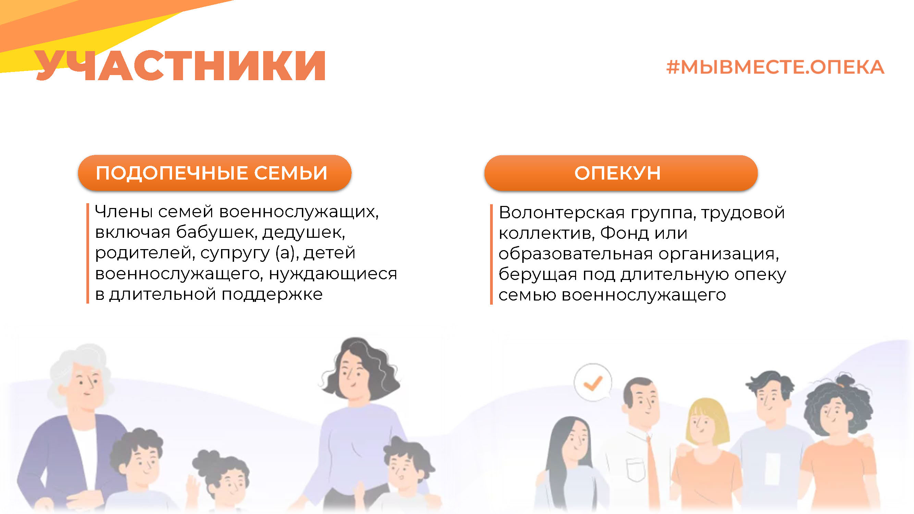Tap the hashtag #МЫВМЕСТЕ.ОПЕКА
(775, 68)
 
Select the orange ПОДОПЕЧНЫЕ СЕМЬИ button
(215, 173)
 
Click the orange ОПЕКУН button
(621, 173)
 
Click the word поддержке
(272, 294)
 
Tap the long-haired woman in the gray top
(570, 465)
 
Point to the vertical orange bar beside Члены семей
(88, 253)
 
